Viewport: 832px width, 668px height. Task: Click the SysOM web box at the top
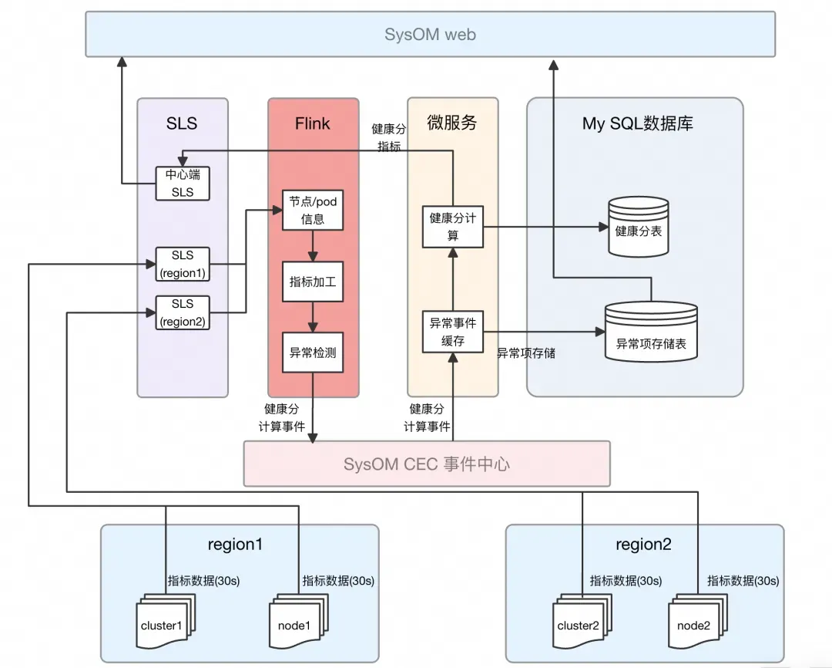click(430, 34)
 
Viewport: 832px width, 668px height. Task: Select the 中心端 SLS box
click(183, 184)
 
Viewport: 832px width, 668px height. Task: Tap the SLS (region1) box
click(183, 263)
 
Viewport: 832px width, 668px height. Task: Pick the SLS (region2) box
click(183, 312)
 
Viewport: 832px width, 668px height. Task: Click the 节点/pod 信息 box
click(313, 210)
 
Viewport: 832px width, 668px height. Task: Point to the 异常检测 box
click(313, 353)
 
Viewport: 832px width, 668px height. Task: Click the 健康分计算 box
click(453, 227)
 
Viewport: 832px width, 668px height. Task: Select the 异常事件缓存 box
click(453, 332)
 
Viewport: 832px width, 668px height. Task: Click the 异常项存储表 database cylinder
click(651, 332)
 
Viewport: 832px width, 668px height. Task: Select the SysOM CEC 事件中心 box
click(427, 464)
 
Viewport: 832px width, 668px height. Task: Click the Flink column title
click(313, 123)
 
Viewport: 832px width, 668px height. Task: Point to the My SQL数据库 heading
click(637, 123)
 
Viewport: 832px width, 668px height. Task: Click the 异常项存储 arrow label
click(526, 353)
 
